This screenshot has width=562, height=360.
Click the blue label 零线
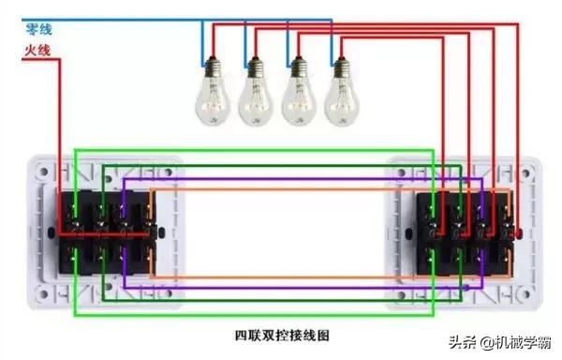pos(37,29)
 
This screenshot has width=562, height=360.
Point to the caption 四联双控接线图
pos(281,334)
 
